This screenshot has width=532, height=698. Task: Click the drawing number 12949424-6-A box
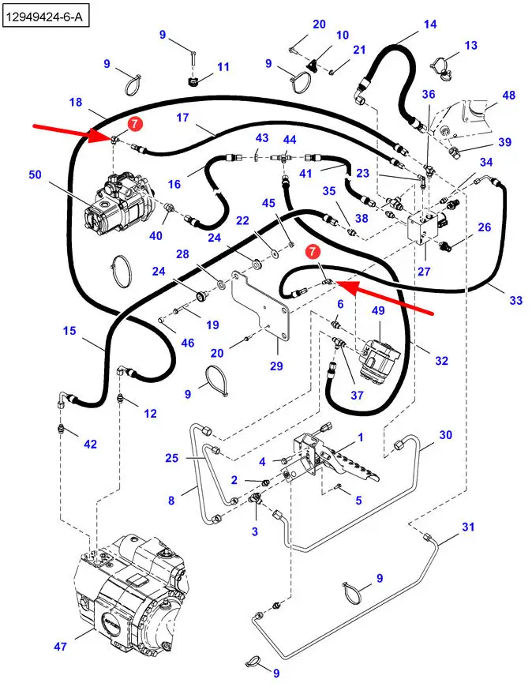[x=45, y=14]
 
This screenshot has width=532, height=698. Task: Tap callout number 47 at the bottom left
[x=61, y=647]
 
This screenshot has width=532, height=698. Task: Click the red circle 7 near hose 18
[x=135, y=123]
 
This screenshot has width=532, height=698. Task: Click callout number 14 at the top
[x=430, y=24]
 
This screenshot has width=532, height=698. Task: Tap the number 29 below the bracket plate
[x=275, y=366]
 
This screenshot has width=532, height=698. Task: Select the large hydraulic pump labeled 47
[x=134, y=592]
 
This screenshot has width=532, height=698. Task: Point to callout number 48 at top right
[x=509, y=96]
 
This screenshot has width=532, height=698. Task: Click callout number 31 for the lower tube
[x=468, y=527]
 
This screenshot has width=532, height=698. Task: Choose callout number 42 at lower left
[x=91, y=445]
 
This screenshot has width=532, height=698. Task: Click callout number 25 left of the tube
[x=172, y=457]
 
